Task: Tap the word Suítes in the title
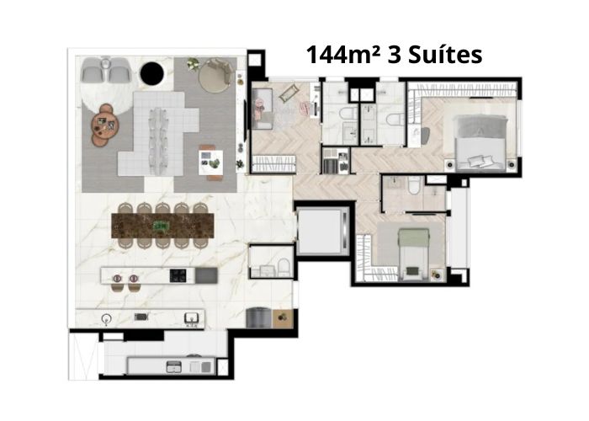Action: (445, 55)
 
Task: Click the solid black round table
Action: (151, 74)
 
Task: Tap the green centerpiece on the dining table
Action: (162, 226)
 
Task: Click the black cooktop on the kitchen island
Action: (178, 275)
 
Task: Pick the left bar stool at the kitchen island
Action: (117, 281)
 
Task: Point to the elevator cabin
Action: (322, 230)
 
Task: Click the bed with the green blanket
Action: (414, 254)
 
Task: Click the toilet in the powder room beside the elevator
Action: (284, 267)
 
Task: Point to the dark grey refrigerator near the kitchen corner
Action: (259, 317)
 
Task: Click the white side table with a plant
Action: (210, 163)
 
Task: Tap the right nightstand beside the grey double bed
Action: (511, 164)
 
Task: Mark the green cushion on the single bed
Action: (414, 270)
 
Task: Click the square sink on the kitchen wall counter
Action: (190, 319)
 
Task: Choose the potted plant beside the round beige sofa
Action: (193, 64)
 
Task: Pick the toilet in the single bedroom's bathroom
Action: (414, 185)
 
